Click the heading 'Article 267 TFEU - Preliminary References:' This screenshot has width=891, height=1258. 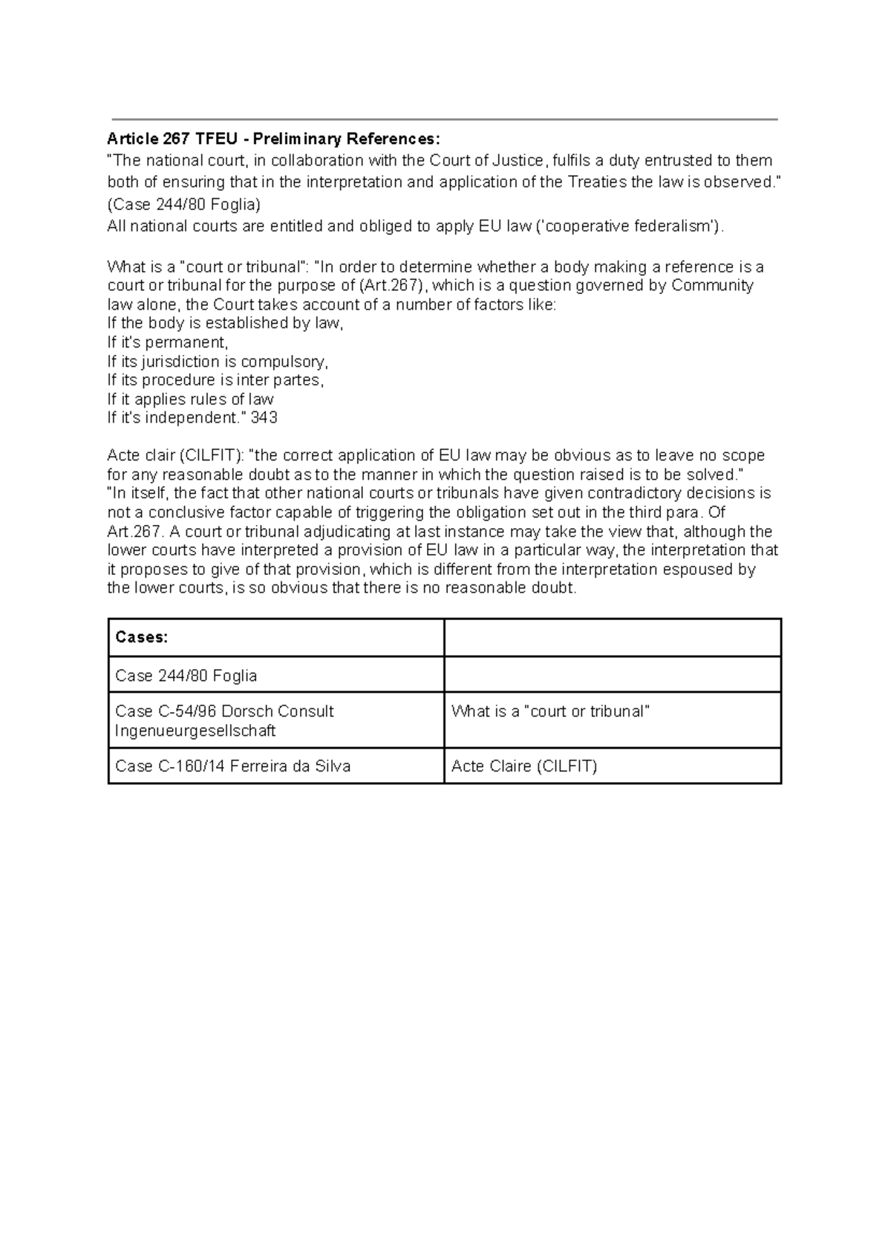273,139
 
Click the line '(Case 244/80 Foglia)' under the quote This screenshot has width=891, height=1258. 184,204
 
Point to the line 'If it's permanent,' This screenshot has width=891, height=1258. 168,342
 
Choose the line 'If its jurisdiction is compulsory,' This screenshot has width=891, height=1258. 217,362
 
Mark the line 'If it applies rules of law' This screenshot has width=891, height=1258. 190,400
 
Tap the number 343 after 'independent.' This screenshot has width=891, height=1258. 264,418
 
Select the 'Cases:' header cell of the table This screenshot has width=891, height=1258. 142,637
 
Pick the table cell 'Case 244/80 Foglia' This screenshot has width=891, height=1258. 186,676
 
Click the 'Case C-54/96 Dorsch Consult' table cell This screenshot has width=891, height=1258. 224,711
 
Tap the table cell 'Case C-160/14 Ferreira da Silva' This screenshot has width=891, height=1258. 232,766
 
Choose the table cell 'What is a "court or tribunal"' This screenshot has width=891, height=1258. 550,711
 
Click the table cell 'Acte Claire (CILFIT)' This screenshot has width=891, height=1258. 524,766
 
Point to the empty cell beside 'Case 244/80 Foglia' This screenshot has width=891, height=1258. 613,675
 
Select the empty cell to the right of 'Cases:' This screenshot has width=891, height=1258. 613,637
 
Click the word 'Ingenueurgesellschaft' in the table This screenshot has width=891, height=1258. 195,731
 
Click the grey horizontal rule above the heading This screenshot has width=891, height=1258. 444,119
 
